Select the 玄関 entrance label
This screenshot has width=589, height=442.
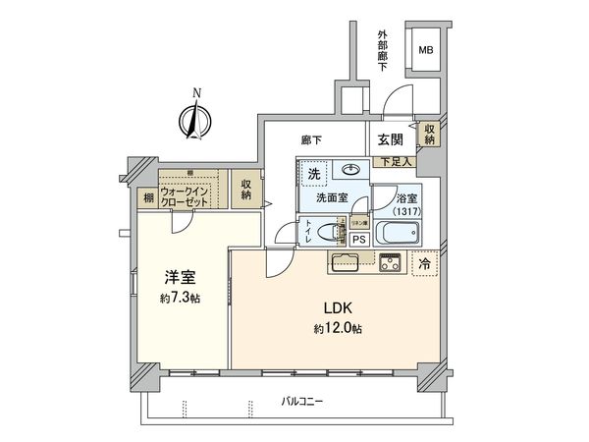click(x=391, y=140)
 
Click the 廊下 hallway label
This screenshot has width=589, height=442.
click(x=312, y=141)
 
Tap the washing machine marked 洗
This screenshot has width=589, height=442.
click(x=314, y=174)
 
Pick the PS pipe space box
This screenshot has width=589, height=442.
click(x=359, y=238)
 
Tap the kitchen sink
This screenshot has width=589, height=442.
click(x=346, y=262)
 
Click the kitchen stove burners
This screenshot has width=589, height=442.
click(x=390, y=262)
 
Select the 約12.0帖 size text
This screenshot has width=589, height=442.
click(x=334, y=328)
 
